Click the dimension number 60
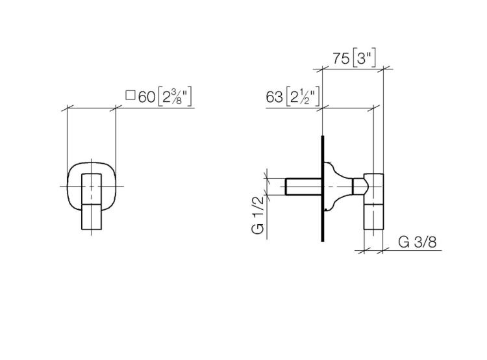tap(146, 97)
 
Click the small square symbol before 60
tap(130, 96)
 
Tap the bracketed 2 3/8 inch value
tap(175, 97)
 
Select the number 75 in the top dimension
tap(341, 58)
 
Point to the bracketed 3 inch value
tap(364, 58)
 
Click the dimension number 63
tap(274, 97)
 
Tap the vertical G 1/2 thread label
tap(258, 216)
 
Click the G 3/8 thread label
tap(418, 242)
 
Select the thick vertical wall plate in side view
tap(323, 188)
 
